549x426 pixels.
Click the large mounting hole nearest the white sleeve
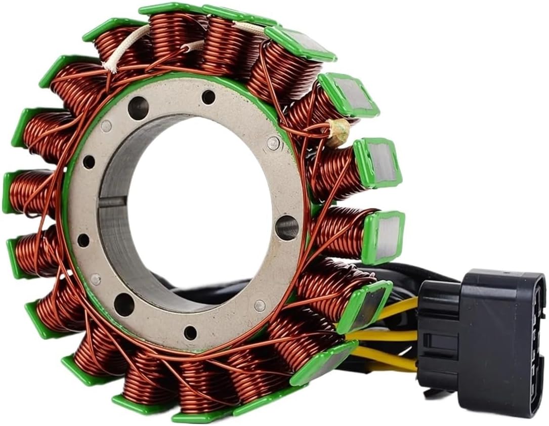[x=138, y=108]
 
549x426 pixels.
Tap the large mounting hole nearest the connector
[x=287, y=228]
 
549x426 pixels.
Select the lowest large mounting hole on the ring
[x=124, y=304]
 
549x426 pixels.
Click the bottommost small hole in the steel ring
[x=190, y=332]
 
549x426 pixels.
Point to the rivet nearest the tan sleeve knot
[x=273, y=144]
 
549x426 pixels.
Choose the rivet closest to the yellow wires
[x=260, y=305]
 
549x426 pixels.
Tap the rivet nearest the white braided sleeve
[x=106, y=126]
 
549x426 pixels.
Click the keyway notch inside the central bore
[x=112, y=202]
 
